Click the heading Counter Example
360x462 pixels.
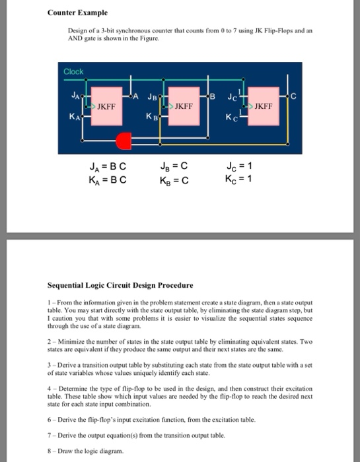[x=77, y=13]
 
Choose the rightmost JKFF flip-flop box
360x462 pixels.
[x=263, y=105]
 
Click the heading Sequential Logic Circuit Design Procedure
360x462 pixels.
[x=120, y=286]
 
